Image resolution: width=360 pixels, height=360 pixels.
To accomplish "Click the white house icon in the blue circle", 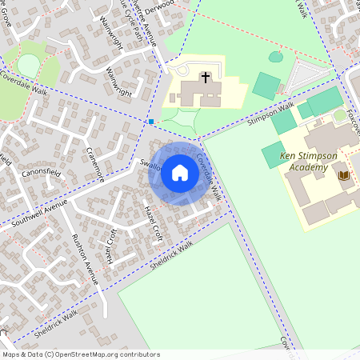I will (x=180, y=172).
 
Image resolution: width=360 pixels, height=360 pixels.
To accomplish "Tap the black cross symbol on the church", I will (x=206, y=78).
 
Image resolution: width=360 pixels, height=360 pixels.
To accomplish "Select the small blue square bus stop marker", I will (x=150, y=122).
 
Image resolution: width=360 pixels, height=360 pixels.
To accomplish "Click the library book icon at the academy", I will (x=344, y=174).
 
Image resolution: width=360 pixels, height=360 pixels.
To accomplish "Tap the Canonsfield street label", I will (x=42, y=172).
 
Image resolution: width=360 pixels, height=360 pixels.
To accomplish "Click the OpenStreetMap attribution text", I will (x=81, y=354).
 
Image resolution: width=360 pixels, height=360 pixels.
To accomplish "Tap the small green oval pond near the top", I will (x=275, y=57).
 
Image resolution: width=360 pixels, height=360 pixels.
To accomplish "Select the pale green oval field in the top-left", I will (x=28, y=66).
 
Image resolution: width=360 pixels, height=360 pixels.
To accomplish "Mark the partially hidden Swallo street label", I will (x=150, y=166).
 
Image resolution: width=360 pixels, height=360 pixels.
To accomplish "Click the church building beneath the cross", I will (x=197, y=92).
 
